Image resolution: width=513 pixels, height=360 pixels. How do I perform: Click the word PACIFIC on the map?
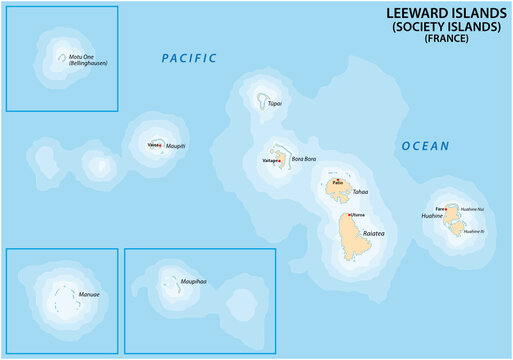coord(189,58)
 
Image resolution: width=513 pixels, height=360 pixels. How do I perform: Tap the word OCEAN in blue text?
coord(425,146)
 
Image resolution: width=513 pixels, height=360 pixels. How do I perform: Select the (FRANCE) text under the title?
coord(445,38)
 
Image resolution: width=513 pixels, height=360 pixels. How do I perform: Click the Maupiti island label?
coord(176,146)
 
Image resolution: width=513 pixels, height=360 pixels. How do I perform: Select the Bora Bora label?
coord(303,159)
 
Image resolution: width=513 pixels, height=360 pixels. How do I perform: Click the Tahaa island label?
coord(361,191)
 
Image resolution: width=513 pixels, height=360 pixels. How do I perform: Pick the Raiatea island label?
coord(374,232)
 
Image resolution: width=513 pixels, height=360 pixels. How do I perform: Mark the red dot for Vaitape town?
coord(279,159)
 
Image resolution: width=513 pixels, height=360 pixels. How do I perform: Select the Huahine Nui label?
coord(472,209)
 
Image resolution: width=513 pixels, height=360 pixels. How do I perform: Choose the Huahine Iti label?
coord(473,231)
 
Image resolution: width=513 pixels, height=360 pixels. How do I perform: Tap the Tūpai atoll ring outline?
coord(262,100)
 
